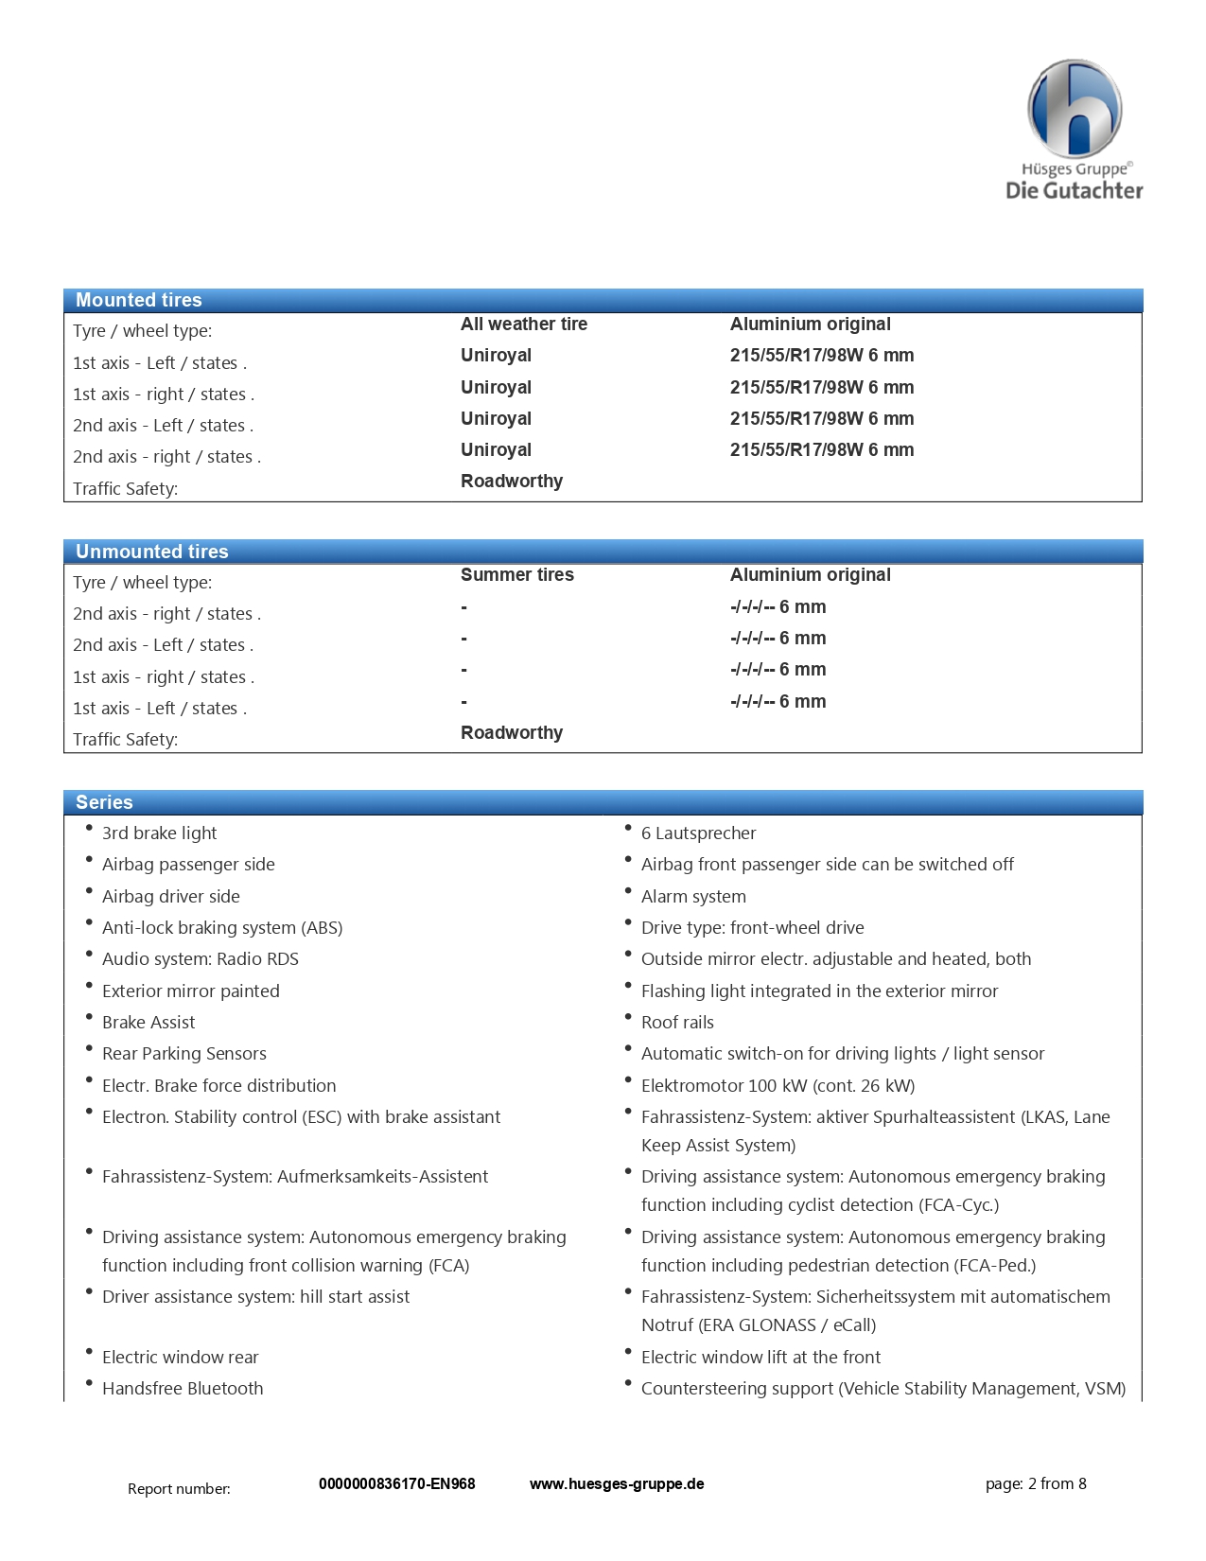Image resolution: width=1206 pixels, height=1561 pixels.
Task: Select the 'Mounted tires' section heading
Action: coord(139,300)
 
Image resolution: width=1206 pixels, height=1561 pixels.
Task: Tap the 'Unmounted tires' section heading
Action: coord(152,552)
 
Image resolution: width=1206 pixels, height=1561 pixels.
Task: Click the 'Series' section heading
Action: coord(104,802)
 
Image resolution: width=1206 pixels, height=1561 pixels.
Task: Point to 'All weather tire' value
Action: coord(524,324)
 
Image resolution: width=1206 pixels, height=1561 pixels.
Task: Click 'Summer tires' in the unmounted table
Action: coord(517,574)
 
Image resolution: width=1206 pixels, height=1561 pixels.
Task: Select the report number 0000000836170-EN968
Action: coord(397,1483)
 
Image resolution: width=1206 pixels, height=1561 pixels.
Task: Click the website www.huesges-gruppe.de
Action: coord(617,1483)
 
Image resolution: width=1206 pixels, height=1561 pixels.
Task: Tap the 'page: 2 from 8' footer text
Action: coord(1036,1483)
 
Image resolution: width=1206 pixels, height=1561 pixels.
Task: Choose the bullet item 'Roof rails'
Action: coord(677,1022)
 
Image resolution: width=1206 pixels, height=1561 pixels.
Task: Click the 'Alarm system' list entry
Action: coord(693,896)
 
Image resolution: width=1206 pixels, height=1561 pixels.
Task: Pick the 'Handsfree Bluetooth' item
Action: coord(183,1388)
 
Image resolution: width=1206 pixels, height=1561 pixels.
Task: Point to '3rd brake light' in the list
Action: coord(159,833)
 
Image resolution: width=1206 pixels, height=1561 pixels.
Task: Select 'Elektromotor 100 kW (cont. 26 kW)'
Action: coord(778,1085)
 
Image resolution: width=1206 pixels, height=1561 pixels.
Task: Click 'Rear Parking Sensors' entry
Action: coord(184,1053)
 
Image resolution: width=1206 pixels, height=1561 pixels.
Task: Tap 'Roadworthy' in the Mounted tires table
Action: coord(512,481)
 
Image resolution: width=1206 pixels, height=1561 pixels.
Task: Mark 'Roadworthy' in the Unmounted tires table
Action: coord(512,732)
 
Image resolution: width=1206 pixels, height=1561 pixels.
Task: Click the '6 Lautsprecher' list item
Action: coord(698,833)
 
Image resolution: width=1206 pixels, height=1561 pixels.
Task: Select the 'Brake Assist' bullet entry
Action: coord(149,1022)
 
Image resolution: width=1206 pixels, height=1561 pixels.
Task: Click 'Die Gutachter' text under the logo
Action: coord(1075,190)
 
